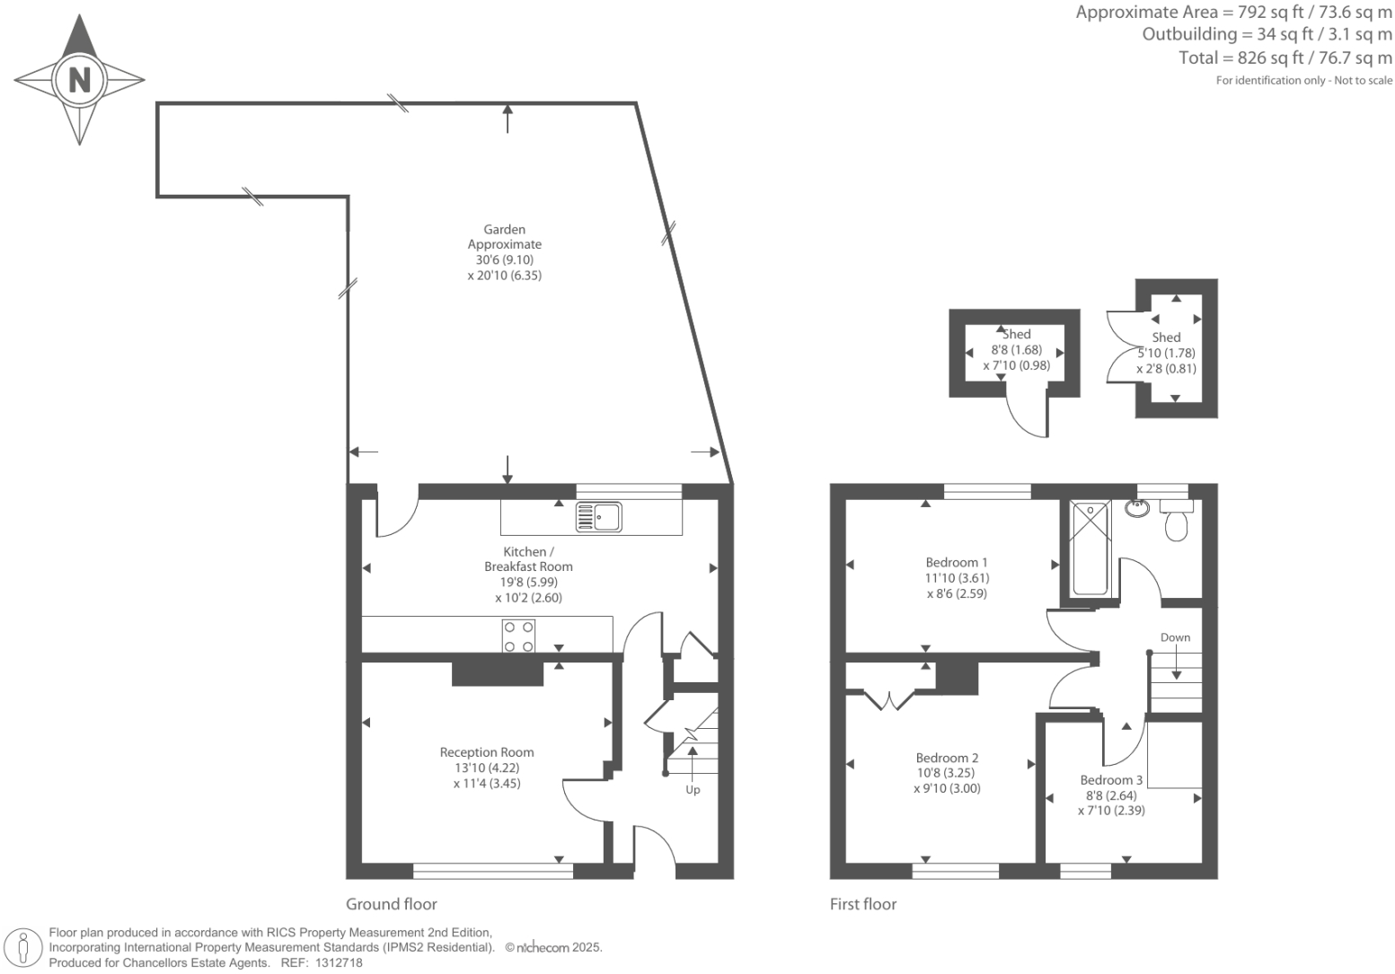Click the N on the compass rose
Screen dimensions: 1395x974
tap(80, 80)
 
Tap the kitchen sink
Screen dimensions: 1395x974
tap(598, 516)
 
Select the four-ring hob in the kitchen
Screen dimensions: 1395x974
tap(518, 636)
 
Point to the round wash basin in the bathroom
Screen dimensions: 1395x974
tap(1137, 508)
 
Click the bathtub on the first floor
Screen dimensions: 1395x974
tap(1090, 548)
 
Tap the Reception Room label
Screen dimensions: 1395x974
tap(486, 751)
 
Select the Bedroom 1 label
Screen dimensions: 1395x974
tap(957, 562)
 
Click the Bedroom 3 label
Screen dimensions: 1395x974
tap(1111, 780)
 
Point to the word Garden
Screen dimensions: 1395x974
tap(505, 229)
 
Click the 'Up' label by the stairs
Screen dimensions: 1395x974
tap(693, 790)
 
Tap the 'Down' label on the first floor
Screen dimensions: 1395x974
tap(1175, 637)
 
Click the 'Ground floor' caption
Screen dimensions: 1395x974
tap(391, 904)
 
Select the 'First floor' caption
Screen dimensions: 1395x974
tap(863, 904)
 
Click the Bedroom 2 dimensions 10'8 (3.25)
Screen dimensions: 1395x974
tap(947, 773)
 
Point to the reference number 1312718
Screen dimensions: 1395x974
tap(339, 963)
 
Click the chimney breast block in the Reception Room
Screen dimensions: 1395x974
tap(497, 673)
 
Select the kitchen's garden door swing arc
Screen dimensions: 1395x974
tap(402, 522)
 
